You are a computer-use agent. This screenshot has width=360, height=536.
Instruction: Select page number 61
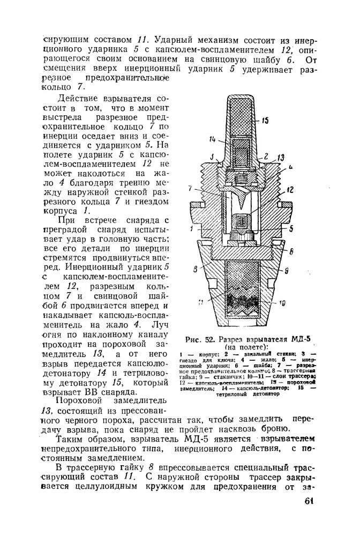pos(306,501)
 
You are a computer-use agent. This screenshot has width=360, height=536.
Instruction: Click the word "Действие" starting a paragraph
pos(79,99)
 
